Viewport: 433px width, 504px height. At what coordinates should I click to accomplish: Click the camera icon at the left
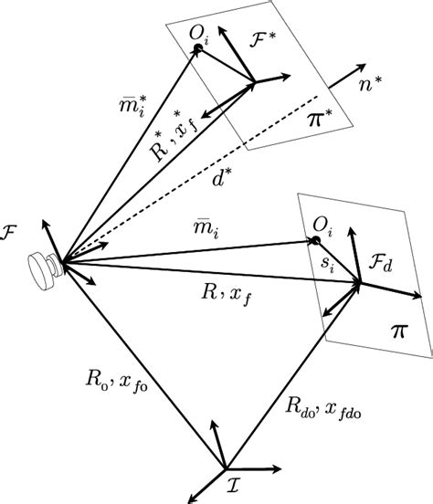pyautogui.click(x=42, y=266)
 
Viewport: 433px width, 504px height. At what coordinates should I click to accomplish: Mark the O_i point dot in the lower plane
pyautogui.click(x=315, y=241)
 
